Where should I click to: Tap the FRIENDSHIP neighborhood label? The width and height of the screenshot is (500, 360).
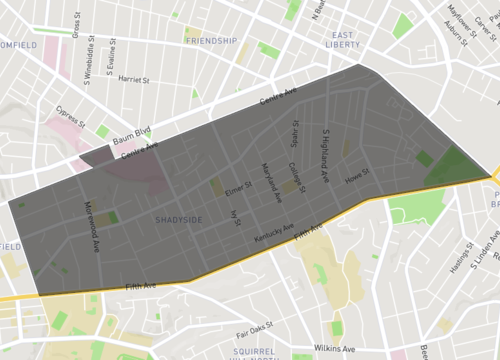(x=211, y=41)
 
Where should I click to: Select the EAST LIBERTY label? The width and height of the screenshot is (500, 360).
(x=345, y=40)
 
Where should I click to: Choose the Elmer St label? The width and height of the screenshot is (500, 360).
(x=239, y=186)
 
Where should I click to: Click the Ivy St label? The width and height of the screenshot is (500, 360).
(x=236, y=215)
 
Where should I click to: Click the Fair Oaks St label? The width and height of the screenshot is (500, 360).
(x=254, y=328)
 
